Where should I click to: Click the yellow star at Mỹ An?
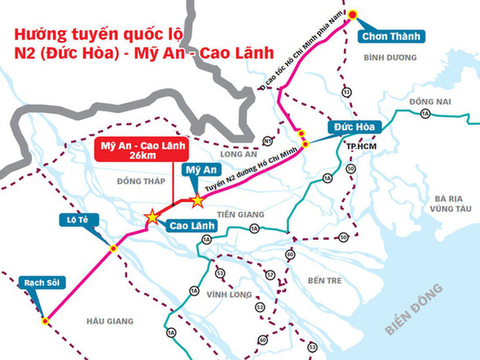pyautogui.click(x=197, y=201)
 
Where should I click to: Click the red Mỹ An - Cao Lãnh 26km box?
pyautogui.click(x=140, y=150)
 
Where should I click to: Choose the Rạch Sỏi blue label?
pyautogui.click(x=39, y=280)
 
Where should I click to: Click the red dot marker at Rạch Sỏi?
pyautogui.click(x=45, y=321)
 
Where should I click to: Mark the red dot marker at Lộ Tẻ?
pyautogui.click(x=113, y=248)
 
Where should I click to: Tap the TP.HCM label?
pyautogui.click(x=361, y=146)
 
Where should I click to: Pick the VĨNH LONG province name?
pyautogui.click(x=229, y=294)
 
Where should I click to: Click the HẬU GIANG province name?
pyautogui.click(x=110, y=321)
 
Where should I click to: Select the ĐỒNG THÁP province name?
pyautogui.click(x=139, y=181)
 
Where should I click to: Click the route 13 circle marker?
pyautogui.click(x=346, y=92)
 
